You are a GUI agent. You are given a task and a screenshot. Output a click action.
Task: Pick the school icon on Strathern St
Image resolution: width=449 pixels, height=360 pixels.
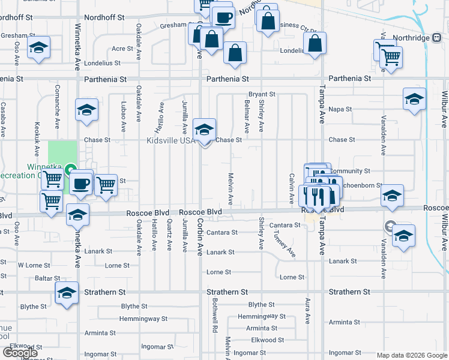(67, 293)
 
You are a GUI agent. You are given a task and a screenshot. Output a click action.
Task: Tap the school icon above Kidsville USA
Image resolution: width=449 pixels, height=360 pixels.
(204, 129)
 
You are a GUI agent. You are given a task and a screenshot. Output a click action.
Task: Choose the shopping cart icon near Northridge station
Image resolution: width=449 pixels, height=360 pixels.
(391, 58)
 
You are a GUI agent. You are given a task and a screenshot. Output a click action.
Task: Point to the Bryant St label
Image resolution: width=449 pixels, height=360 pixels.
(262, 94)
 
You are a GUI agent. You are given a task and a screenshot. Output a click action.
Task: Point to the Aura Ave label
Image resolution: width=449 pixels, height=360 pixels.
(308, 310)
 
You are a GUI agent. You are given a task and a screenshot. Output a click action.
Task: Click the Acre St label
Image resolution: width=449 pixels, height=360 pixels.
(122, 49)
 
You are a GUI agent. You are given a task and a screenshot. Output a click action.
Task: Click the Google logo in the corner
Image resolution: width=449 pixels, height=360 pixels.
(20, 353)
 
